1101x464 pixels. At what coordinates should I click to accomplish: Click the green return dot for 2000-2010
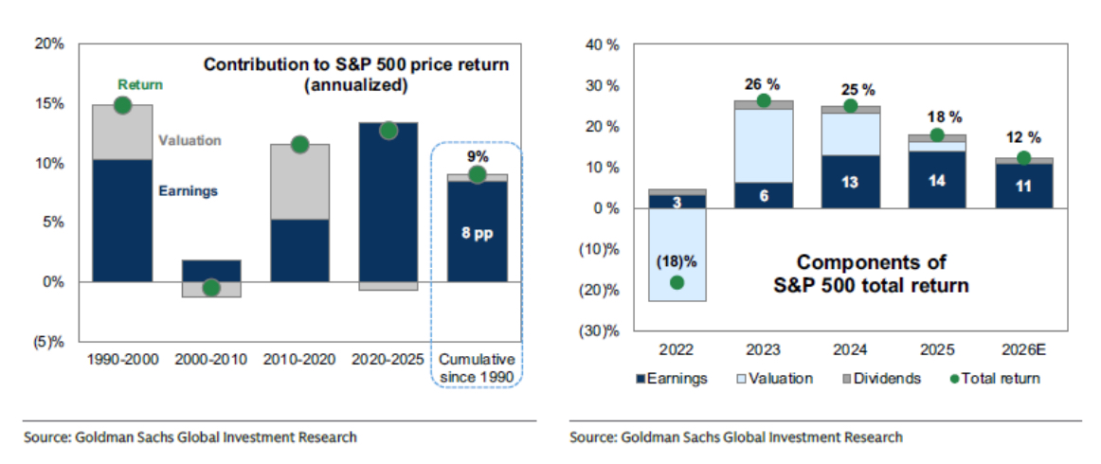(x=211, y=288)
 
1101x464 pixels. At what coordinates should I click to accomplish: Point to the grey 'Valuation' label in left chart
(x=190, y=141)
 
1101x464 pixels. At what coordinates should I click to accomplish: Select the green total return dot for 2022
(x=677, y=282)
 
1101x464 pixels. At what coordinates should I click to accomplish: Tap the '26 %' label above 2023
(x=763, y=81)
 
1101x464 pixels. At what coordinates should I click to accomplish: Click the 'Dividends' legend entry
(x=882, y=379)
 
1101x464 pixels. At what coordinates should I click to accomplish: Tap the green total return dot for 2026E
(x=1022, y=158)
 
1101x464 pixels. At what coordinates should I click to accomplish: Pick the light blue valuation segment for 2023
(x=763, y=146)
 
